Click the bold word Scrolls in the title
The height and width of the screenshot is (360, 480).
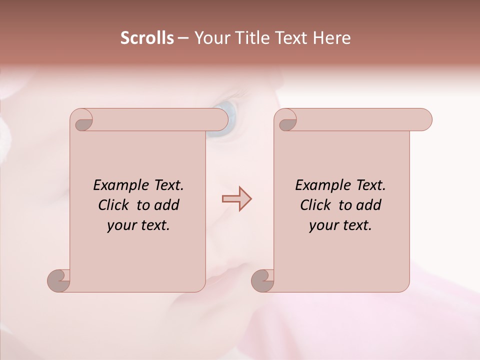(147, 38)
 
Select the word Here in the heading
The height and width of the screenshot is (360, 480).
(332, 38)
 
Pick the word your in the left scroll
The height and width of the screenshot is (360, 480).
(121, 226)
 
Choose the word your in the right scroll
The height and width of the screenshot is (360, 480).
(323, 226)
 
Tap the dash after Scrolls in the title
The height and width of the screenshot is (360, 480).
(183, 38)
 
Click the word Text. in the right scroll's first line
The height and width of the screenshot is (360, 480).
(370, 185)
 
